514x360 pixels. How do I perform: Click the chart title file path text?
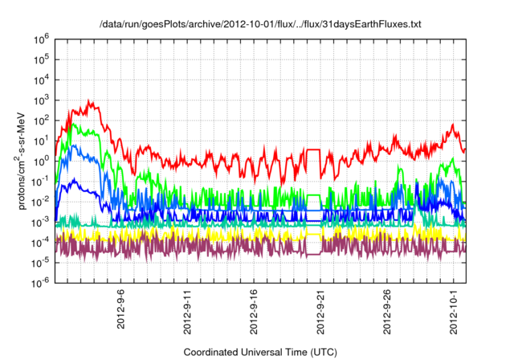point(259,25)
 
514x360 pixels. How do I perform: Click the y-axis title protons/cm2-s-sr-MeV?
point(24,158)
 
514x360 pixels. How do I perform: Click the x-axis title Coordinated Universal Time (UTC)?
point(259,352)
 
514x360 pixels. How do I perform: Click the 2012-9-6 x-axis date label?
point(121,306)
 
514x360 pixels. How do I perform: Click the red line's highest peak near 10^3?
point(90,101)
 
